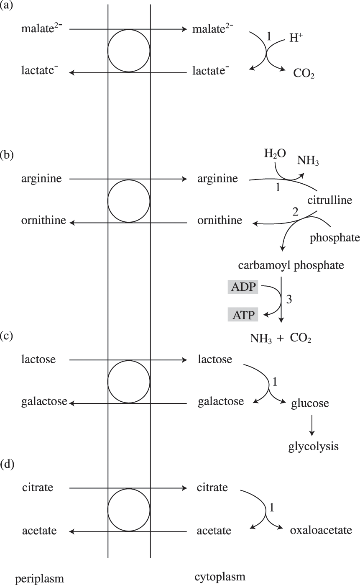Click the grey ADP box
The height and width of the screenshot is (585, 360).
click(243, 288)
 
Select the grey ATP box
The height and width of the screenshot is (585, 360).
click(243, 314)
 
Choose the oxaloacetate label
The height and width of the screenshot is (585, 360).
click(321, 531)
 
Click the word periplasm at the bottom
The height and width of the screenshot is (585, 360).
click(40, 578)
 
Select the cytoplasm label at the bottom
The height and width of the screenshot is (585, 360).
click(220, 577)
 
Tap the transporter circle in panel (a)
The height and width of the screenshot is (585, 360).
click(129, 51)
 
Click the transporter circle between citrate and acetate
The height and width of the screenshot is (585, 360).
click(129, 509)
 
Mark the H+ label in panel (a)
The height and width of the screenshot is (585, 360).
click(296, 38)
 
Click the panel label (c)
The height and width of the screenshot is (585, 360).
click(8, 337)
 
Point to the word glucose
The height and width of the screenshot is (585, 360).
click(310, 403)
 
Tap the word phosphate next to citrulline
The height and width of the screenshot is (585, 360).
click(334, 238)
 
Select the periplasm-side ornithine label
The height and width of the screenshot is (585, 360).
click(43, 220)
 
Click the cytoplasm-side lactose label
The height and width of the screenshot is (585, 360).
click(215, 359)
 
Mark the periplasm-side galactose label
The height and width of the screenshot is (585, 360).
click(44, 402)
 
